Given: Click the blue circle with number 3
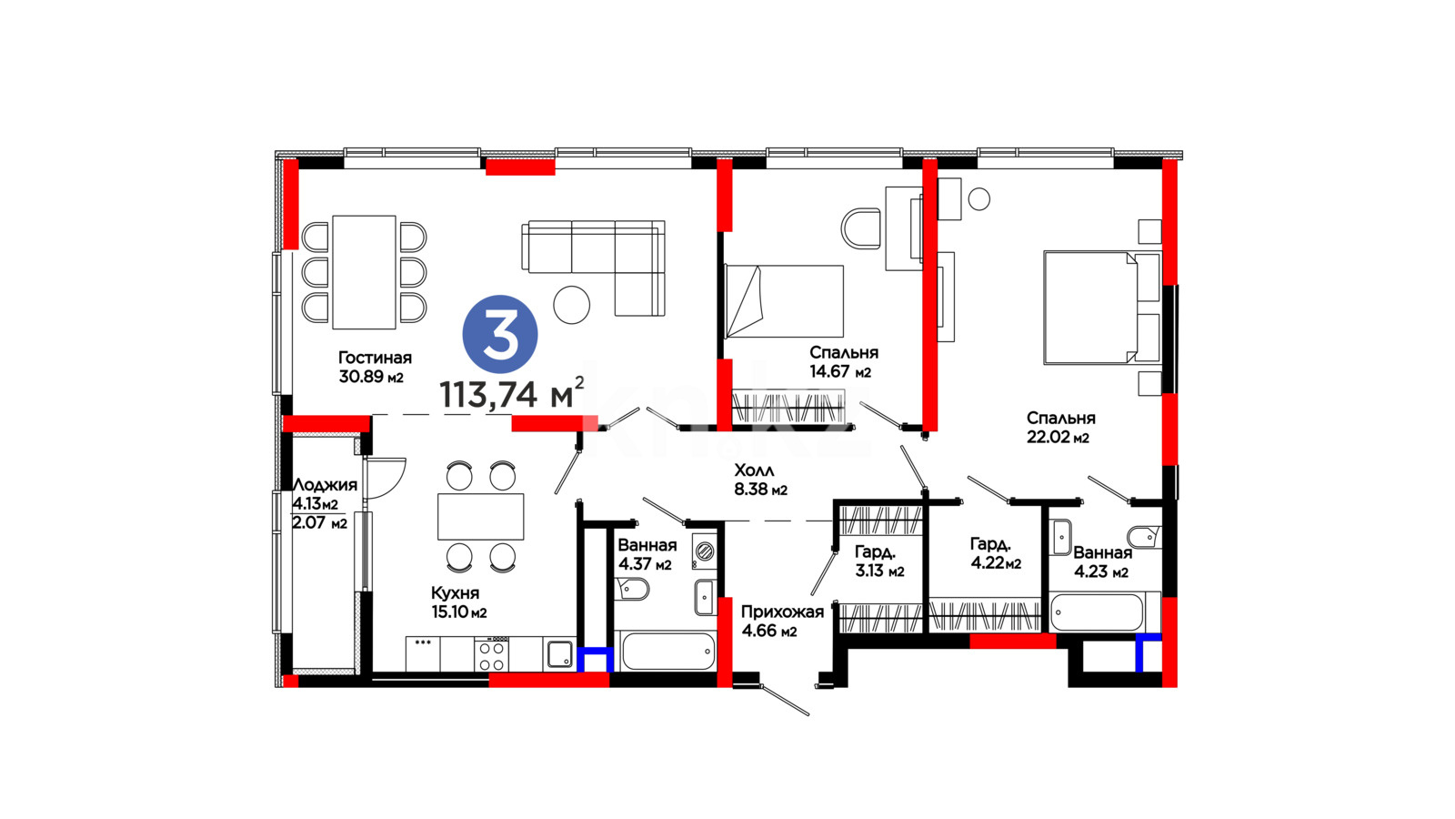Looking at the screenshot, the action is point(500,334).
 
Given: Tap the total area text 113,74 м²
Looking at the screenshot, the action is point(512,392).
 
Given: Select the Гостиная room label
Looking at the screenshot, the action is point(375,358).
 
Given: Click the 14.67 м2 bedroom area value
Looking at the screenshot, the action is point(840,372).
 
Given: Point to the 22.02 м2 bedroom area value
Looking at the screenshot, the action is point(1058,437).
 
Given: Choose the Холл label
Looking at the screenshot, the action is point(754,470).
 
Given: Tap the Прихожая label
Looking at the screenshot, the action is point(782,612).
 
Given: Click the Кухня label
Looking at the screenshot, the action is point(456,592).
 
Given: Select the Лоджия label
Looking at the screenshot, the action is point(325,485).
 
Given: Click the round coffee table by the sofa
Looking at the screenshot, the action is point(572,305).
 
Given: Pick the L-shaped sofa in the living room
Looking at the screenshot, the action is point(593,268).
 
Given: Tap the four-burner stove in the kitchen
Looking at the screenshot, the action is point(492,655).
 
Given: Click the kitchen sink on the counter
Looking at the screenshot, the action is point(559,654).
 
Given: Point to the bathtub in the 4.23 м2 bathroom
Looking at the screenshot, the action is point(1097,612).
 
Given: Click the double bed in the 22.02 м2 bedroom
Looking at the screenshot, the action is point(1101,308).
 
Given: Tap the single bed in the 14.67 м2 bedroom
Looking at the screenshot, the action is point(784,301).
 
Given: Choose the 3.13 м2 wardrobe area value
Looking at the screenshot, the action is point(879,571).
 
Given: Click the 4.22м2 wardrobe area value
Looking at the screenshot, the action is point(996,563).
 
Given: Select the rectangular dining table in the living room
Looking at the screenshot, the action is point(364,272).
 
